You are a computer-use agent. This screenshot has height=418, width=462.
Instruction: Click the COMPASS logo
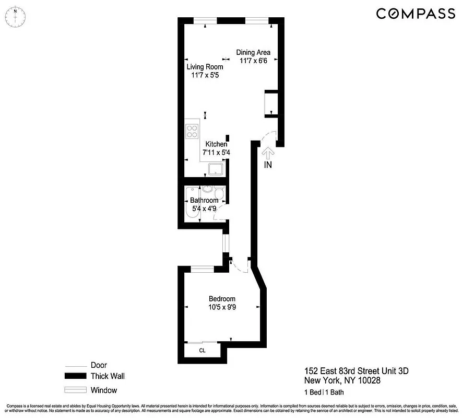coord(415,14)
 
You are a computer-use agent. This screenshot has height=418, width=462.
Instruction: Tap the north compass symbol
coord(16,16)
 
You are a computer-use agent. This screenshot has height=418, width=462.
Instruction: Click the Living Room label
coord(205,67)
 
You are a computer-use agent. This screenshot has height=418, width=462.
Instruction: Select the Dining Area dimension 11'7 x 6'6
coord(253,61)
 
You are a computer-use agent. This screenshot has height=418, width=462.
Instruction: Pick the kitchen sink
coord(216,169)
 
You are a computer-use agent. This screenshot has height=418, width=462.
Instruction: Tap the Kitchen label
coord(216,144)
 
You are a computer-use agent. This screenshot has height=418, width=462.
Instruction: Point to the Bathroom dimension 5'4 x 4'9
coord(204,208)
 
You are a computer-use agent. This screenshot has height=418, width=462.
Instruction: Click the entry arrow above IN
coord(268,153)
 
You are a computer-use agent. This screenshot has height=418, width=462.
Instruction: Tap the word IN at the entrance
coord(268,165)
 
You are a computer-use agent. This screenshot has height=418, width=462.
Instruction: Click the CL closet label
coord(202,351)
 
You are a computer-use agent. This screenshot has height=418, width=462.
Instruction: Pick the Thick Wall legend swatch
coord(74,376)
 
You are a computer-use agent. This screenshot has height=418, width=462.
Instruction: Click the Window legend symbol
coord(74,390)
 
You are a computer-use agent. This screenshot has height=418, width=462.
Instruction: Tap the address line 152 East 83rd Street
coord(357,371)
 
